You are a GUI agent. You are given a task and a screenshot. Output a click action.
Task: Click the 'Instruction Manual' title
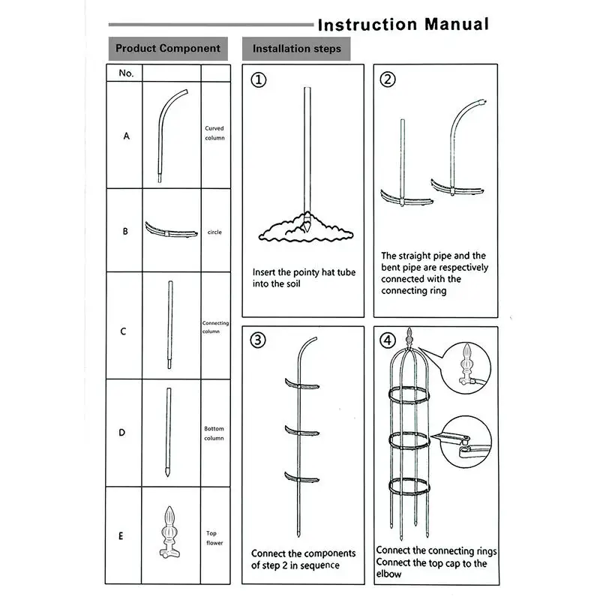403,24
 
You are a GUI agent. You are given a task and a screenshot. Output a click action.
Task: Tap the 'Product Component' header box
168,49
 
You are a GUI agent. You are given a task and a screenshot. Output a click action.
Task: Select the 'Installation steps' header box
296,49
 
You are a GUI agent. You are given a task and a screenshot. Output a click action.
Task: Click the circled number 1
258,80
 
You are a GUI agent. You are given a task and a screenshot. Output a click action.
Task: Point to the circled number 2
388,80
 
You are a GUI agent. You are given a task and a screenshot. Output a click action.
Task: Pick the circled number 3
258,340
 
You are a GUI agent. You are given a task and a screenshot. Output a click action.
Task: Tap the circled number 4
388,340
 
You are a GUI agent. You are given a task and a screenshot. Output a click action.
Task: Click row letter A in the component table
126,136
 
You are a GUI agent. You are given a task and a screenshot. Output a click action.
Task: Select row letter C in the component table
124,331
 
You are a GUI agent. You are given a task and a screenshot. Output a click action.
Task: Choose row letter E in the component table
121,536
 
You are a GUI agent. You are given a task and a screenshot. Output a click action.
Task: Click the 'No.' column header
126,73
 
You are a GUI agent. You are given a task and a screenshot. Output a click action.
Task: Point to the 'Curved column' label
214,133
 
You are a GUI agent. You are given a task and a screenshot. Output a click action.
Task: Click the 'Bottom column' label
214,433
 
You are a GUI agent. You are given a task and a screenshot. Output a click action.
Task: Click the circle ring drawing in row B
170,229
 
